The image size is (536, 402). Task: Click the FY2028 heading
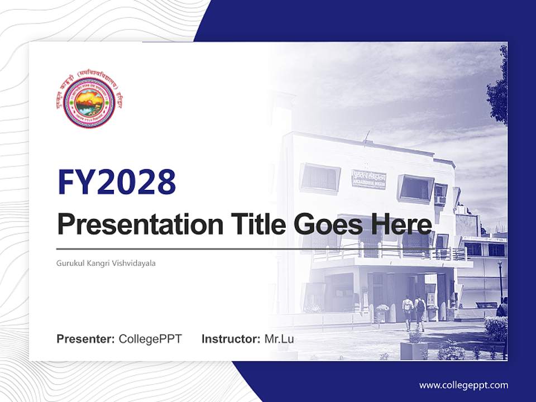(x=117, y=182)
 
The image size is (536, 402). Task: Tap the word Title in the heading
(x=255, y=224)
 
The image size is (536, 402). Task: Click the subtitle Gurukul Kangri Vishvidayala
(x=106, y=263)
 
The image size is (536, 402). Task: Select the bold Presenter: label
(x=86, y=339)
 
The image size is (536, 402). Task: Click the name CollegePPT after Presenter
(x=150, y=339)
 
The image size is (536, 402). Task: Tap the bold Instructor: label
(x=231, y=339)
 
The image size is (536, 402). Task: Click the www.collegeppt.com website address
(x=463, y=385)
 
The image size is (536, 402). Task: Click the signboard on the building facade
(x=368, y=179)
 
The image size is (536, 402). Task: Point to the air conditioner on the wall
(x=440, y=200)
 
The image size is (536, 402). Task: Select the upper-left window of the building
(x=320, y=178)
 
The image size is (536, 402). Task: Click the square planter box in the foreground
(x=414, y=349)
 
